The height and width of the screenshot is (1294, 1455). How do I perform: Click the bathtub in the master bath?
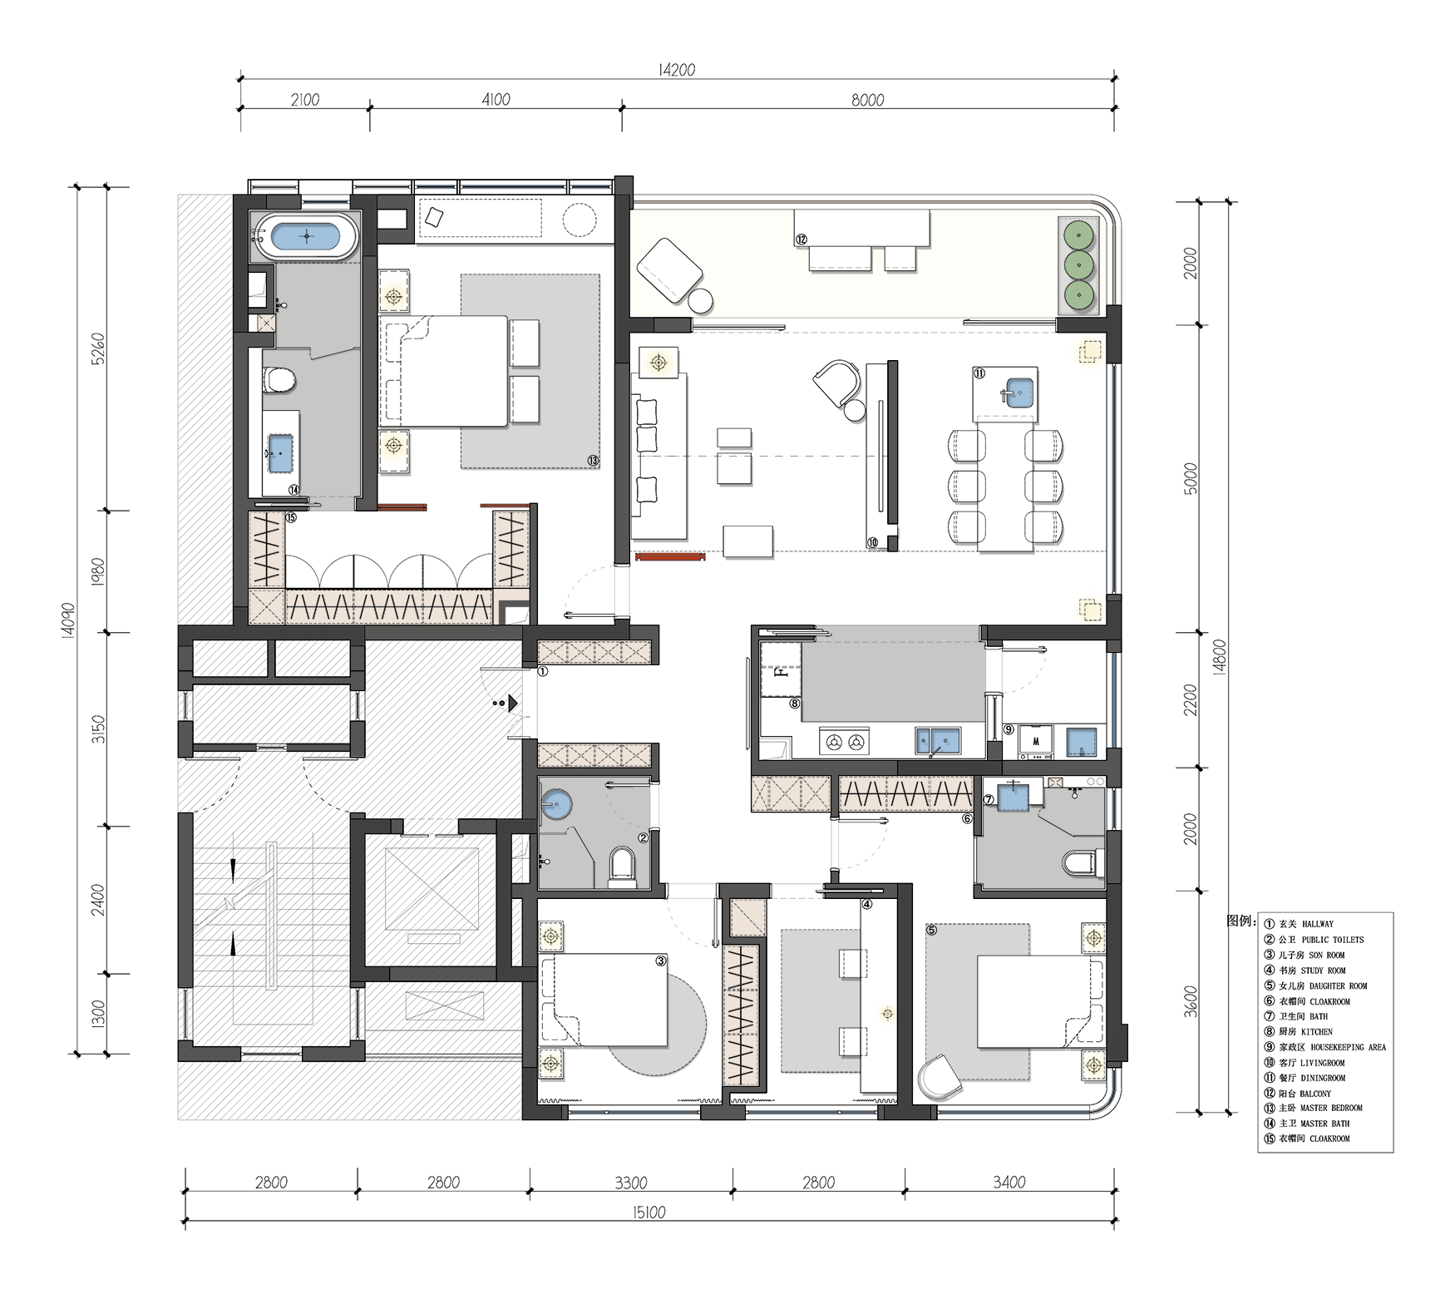click(x=307, y=236)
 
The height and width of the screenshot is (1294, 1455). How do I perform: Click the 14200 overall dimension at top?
click(x=677, y=70)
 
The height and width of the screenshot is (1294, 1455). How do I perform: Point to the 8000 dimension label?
click(x=867, y=100)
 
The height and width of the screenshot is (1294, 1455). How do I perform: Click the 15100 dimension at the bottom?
click(x=649, y=1213)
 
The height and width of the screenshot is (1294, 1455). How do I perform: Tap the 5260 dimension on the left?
click(x=98, y=348)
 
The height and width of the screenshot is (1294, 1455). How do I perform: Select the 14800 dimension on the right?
click(x=1221, y=657)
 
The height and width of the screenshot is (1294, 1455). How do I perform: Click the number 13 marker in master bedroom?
click(x=593, y=460)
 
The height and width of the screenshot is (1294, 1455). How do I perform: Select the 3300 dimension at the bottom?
click(x=631, y=1183)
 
